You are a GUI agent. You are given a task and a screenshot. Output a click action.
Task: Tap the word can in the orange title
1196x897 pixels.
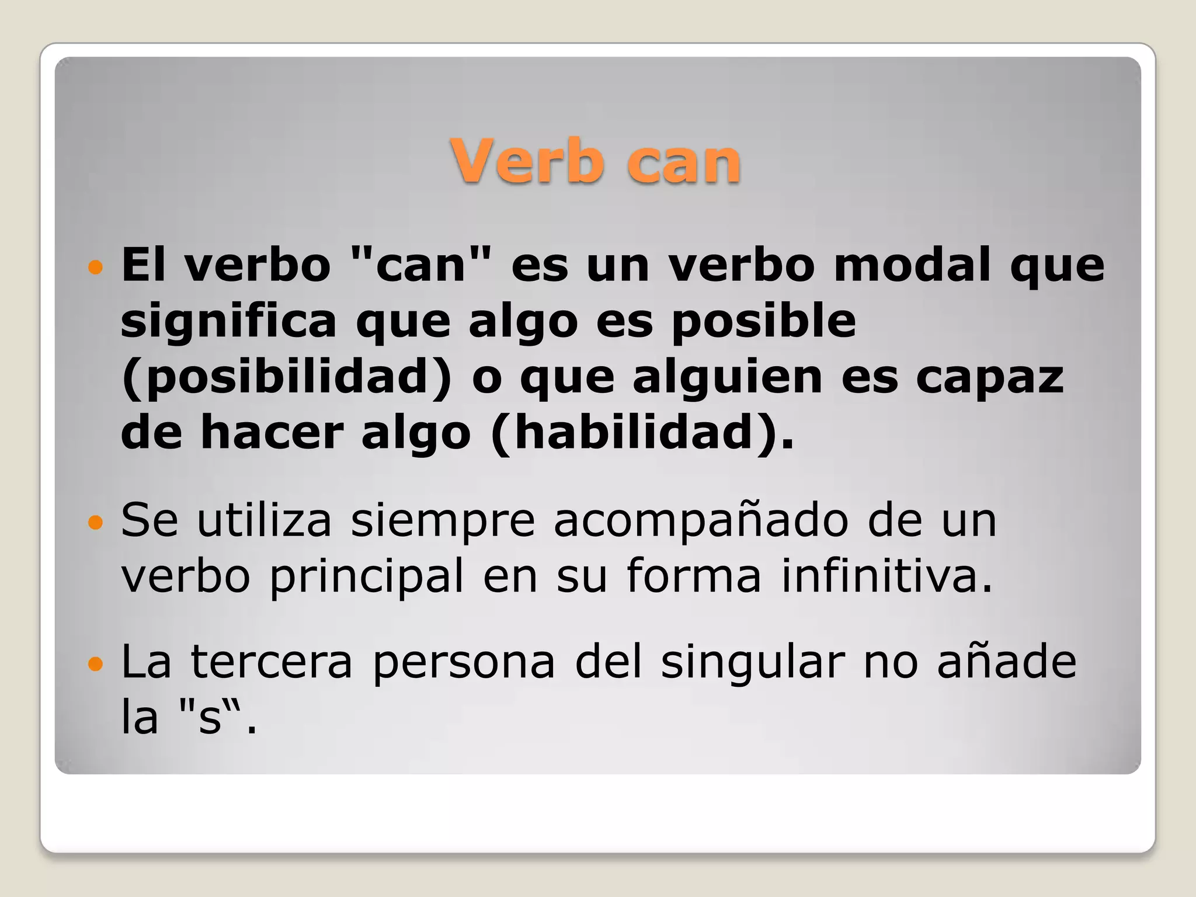pos(684,162)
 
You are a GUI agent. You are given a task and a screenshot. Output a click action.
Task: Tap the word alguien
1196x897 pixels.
pos(727,377)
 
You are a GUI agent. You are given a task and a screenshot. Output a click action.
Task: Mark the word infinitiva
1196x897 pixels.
pos(887,575)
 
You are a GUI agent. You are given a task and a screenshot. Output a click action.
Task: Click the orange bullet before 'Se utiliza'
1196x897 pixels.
pos(95,521)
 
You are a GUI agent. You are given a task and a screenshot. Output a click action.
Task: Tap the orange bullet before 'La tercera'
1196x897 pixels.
pos(95,663)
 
